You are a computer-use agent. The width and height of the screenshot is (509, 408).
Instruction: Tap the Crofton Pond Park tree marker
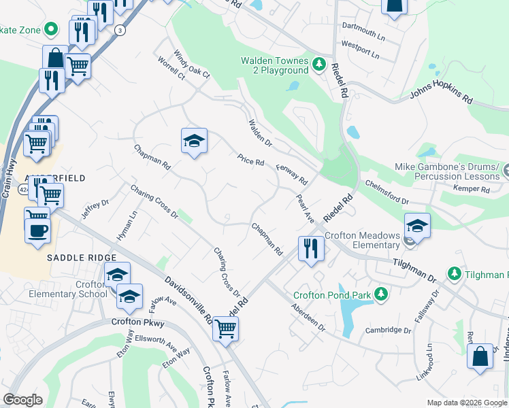pyautogui.click(x=382, y=294)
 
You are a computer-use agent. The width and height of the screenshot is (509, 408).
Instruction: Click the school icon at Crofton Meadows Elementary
pyautogui.click(x=417, y=225)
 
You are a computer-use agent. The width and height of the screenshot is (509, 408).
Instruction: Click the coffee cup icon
pyautogui.click(x=37, y=229)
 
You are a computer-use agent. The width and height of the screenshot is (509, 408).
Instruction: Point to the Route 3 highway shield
pyautogui.click(x=120, y=30)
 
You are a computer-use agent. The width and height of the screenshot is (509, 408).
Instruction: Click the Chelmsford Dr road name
pyautogui.click(x=386, y=192)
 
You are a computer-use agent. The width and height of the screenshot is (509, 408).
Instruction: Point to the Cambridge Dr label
pyautogui.click(x=389, y=330)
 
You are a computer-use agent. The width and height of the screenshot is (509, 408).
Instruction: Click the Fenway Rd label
pyautogui.click(x=292, y=175)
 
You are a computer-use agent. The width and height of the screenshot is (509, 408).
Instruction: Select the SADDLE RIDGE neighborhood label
pyautogui.click(x=78, y=258)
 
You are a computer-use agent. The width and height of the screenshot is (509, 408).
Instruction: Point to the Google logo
pyautogui.click(x=22, y=399)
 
